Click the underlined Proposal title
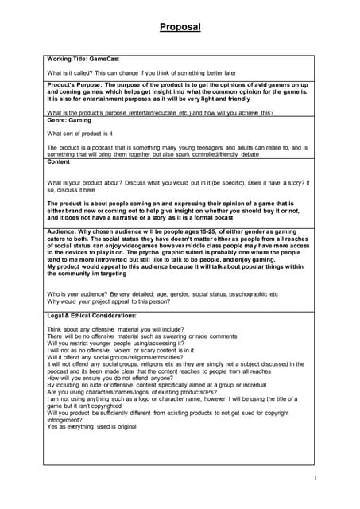(180, 27)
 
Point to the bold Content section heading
(59, 161)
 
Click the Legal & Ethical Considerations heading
(91, 316)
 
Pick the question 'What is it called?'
(73, 72)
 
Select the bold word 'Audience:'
(61, 229)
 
